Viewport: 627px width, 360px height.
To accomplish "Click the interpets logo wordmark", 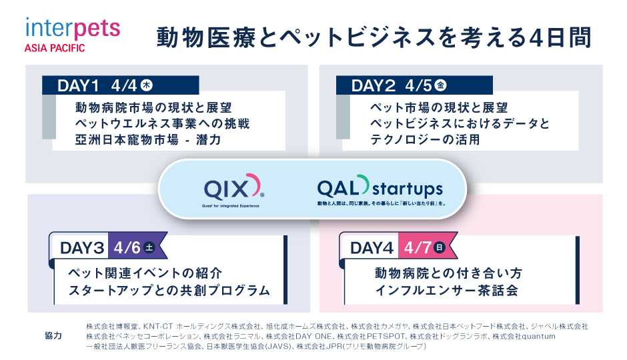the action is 73,29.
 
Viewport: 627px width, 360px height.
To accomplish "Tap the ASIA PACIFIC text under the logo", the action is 55,49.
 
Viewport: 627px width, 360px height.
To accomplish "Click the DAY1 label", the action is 78,85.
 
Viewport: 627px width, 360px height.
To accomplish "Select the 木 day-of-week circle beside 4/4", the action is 147,85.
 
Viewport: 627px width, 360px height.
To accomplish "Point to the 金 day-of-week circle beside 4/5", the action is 441,85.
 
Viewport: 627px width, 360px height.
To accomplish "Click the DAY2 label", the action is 373,85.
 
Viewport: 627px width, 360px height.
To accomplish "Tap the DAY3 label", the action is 82,248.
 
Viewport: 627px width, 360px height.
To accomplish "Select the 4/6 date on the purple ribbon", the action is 127,248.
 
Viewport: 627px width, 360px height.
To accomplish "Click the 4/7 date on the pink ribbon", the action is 417,248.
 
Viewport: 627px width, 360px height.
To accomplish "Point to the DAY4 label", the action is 372,248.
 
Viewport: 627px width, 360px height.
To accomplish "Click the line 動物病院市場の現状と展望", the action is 153,107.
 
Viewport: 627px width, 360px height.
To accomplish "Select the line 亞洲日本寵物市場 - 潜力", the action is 148,139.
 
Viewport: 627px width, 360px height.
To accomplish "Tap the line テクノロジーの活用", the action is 425,139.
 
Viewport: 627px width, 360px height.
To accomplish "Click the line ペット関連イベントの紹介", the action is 145,273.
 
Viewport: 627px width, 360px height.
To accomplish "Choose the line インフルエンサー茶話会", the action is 446,290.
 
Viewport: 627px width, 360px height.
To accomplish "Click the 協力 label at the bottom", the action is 53,335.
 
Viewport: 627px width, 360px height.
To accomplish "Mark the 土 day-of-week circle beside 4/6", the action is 149,248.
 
